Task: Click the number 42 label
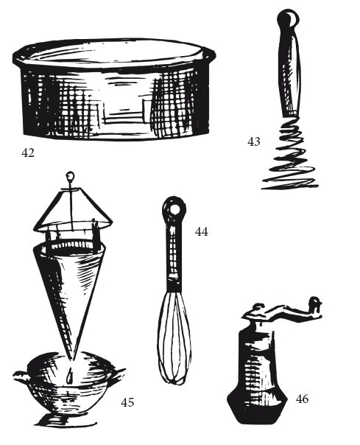click(28, 153)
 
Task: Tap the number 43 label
click(253, 141)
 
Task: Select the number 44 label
click(202, 231)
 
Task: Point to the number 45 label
click(127, 402)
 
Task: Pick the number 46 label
click(302, 399)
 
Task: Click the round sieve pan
click(114, 89)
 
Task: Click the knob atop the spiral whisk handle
click(288, 18)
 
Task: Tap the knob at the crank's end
click(315, 304)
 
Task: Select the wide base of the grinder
click(257, 407)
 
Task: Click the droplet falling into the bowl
click(70, 376)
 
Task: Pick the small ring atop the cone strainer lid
click(70, 176)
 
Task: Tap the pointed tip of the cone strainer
click(72, 360)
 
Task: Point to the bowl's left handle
click(21, 376)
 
